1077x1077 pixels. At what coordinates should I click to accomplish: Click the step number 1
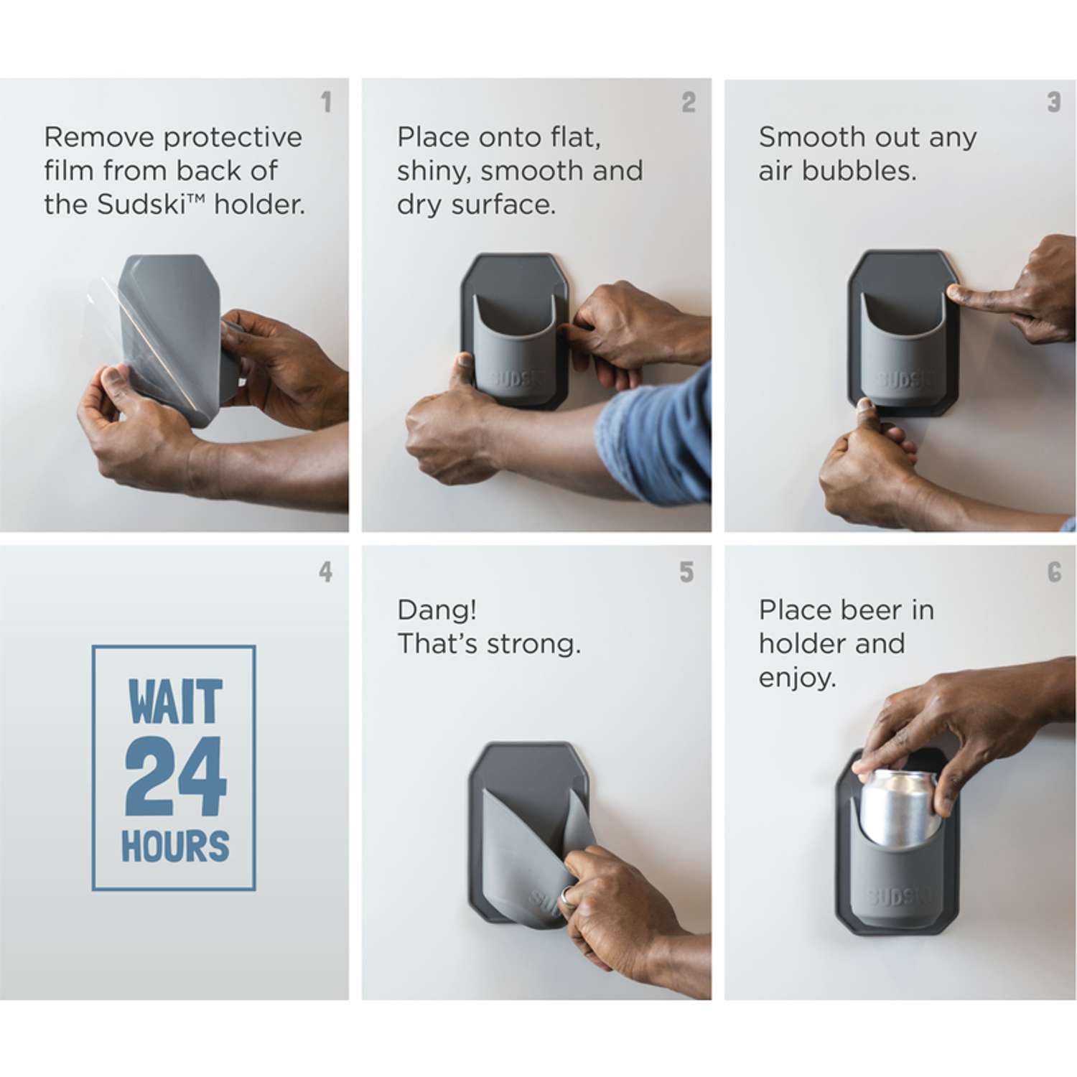[x=327, y=102]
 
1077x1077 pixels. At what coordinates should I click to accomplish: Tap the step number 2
[x=689, y=102]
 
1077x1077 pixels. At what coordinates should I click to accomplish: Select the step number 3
[x=1053, y=102]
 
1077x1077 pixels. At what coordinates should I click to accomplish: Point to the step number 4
[x=326, y=572]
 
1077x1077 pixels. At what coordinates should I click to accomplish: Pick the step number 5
[x=687, y=572]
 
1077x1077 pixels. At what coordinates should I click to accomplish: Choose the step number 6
[x=1054, y=572]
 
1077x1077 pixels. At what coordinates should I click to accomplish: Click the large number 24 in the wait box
[x=175, y=776]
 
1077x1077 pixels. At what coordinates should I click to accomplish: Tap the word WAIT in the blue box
[x=175, y=701]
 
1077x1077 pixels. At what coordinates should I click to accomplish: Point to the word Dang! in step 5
[x=437, y=610]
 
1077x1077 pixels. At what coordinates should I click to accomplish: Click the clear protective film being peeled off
[x=136, y=337]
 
